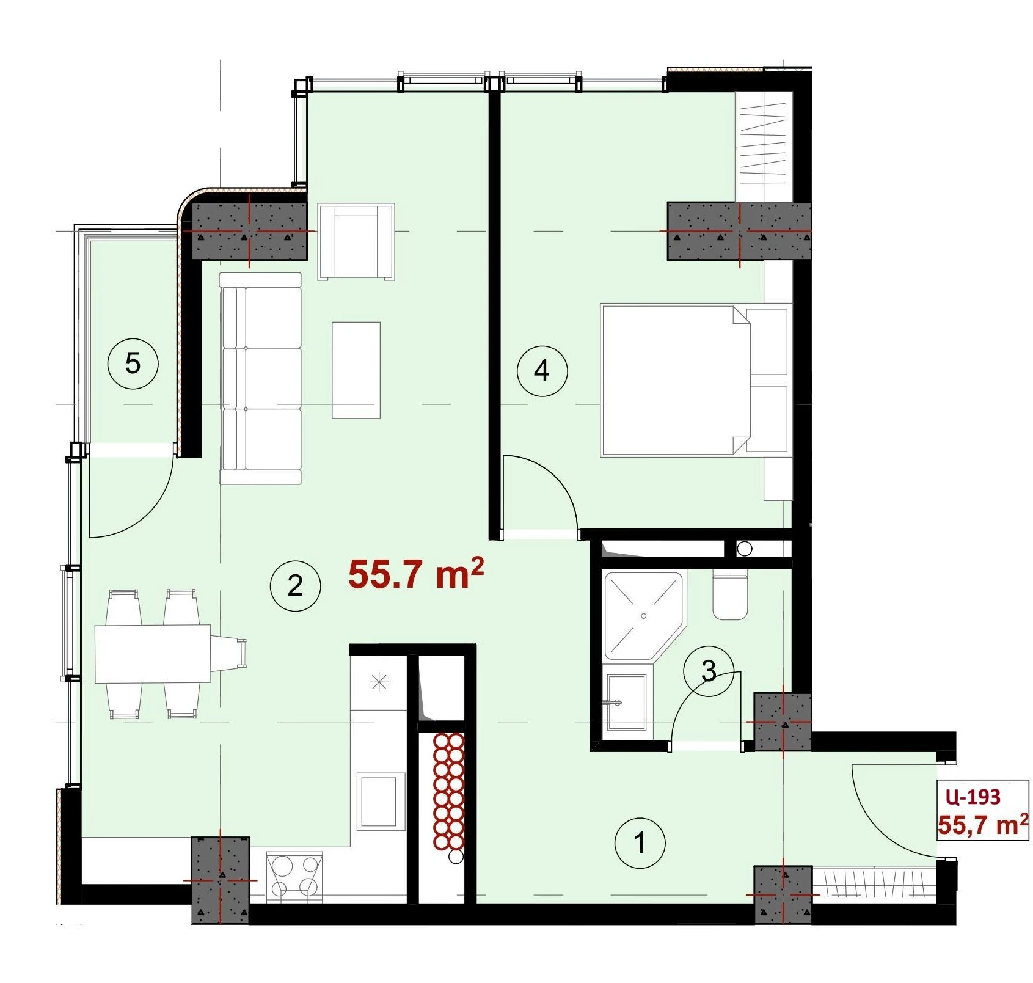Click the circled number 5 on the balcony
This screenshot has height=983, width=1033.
[x=133, y=364]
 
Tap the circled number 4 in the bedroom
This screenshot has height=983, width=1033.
[x=542, y=370]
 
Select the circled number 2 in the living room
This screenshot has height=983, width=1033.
[x=295, y=586]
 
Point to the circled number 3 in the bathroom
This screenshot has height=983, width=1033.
[x=709, y=671]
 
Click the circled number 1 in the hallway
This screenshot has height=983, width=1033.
[x=640, y=843]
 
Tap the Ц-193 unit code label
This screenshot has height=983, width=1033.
[x=973, y=797]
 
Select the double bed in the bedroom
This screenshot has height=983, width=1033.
[x=694, y=380]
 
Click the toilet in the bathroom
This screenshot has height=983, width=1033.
[x=730, y=595]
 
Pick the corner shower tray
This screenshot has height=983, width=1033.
[x=643, y=615]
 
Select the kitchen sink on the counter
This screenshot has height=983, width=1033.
[x=381, y=800]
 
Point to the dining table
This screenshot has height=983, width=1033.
[x=153, y=653]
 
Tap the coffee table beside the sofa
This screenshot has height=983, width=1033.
[x=356, y=370]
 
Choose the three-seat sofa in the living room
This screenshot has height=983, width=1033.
[x=261, y=379]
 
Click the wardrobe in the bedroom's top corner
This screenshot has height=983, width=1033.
[x=764, y=147]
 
